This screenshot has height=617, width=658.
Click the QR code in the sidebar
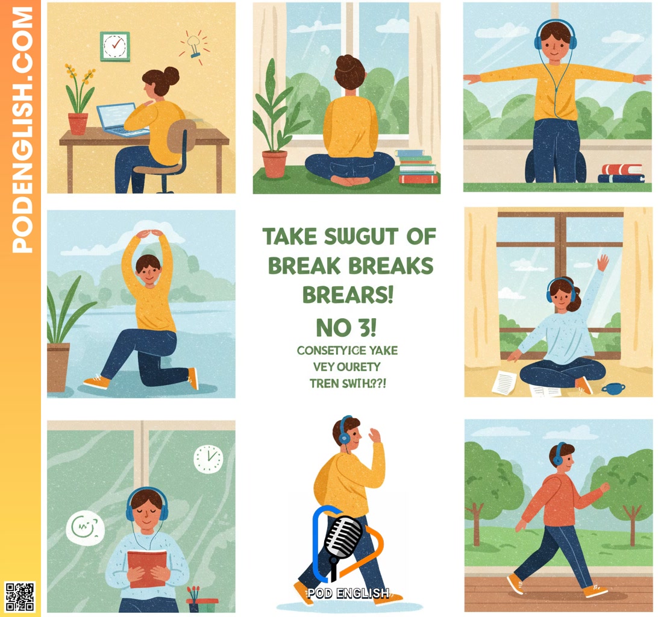coord(20,597)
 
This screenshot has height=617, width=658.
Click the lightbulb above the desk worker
coord(193,45)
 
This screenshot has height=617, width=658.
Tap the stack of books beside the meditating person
coord(416,166)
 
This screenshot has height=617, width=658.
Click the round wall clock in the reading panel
coord(208,459)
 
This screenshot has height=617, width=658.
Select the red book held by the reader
coord(147,568)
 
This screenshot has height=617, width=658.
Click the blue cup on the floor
coord(612,388)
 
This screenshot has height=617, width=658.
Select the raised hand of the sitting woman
coord(602,264)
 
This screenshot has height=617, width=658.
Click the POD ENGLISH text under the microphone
coord(348,593)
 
